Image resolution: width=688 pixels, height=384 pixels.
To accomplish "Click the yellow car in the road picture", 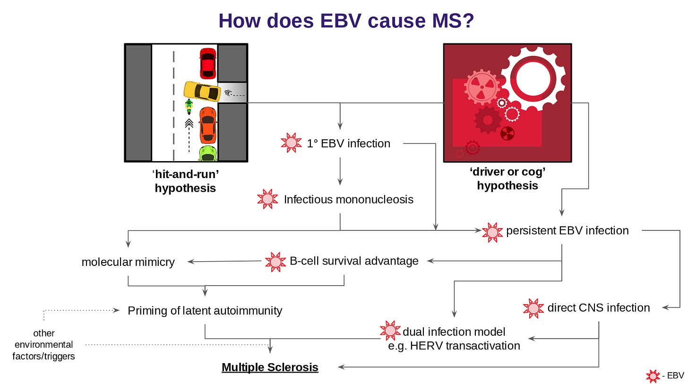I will tap(202, 91).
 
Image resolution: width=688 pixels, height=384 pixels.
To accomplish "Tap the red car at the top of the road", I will tap(207, 63).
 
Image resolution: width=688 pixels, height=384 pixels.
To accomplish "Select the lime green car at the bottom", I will tap(207, 154).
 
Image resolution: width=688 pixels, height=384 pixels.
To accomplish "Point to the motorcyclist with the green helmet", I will tap(189, 107).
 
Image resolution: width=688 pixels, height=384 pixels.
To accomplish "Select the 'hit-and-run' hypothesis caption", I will tap(185, 181).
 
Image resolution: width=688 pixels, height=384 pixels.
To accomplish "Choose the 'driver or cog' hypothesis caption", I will tap(507, 179).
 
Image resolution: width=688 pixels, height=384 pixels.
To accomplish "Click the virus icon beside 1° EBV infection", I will tap(291, 143).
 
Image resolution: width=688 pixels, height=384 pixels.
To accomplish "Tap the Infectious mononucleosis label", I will tap(348, 199).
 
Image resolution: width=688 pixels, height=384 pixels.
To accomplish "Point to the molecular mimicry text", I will tap(128, 262).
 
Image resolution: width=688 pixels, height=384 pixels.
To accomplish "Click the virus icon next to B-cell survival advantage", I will tap(275, 261).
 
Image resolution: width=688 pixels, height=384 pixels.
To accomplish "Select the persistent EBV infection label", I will tap(567, 230).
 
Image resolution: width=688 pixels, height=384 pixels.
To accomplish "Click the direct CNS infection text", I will tap(598, 308).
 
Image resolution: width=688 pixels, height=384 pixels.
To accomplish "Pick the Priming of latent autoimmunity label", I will tap(205, 310).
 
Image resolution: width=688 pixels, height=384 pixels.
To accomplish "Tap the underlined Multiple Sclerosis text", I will tap(270, 367).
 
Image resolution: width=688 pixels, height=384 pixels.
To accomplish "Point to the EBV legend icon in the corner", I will tap(653, 376).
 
